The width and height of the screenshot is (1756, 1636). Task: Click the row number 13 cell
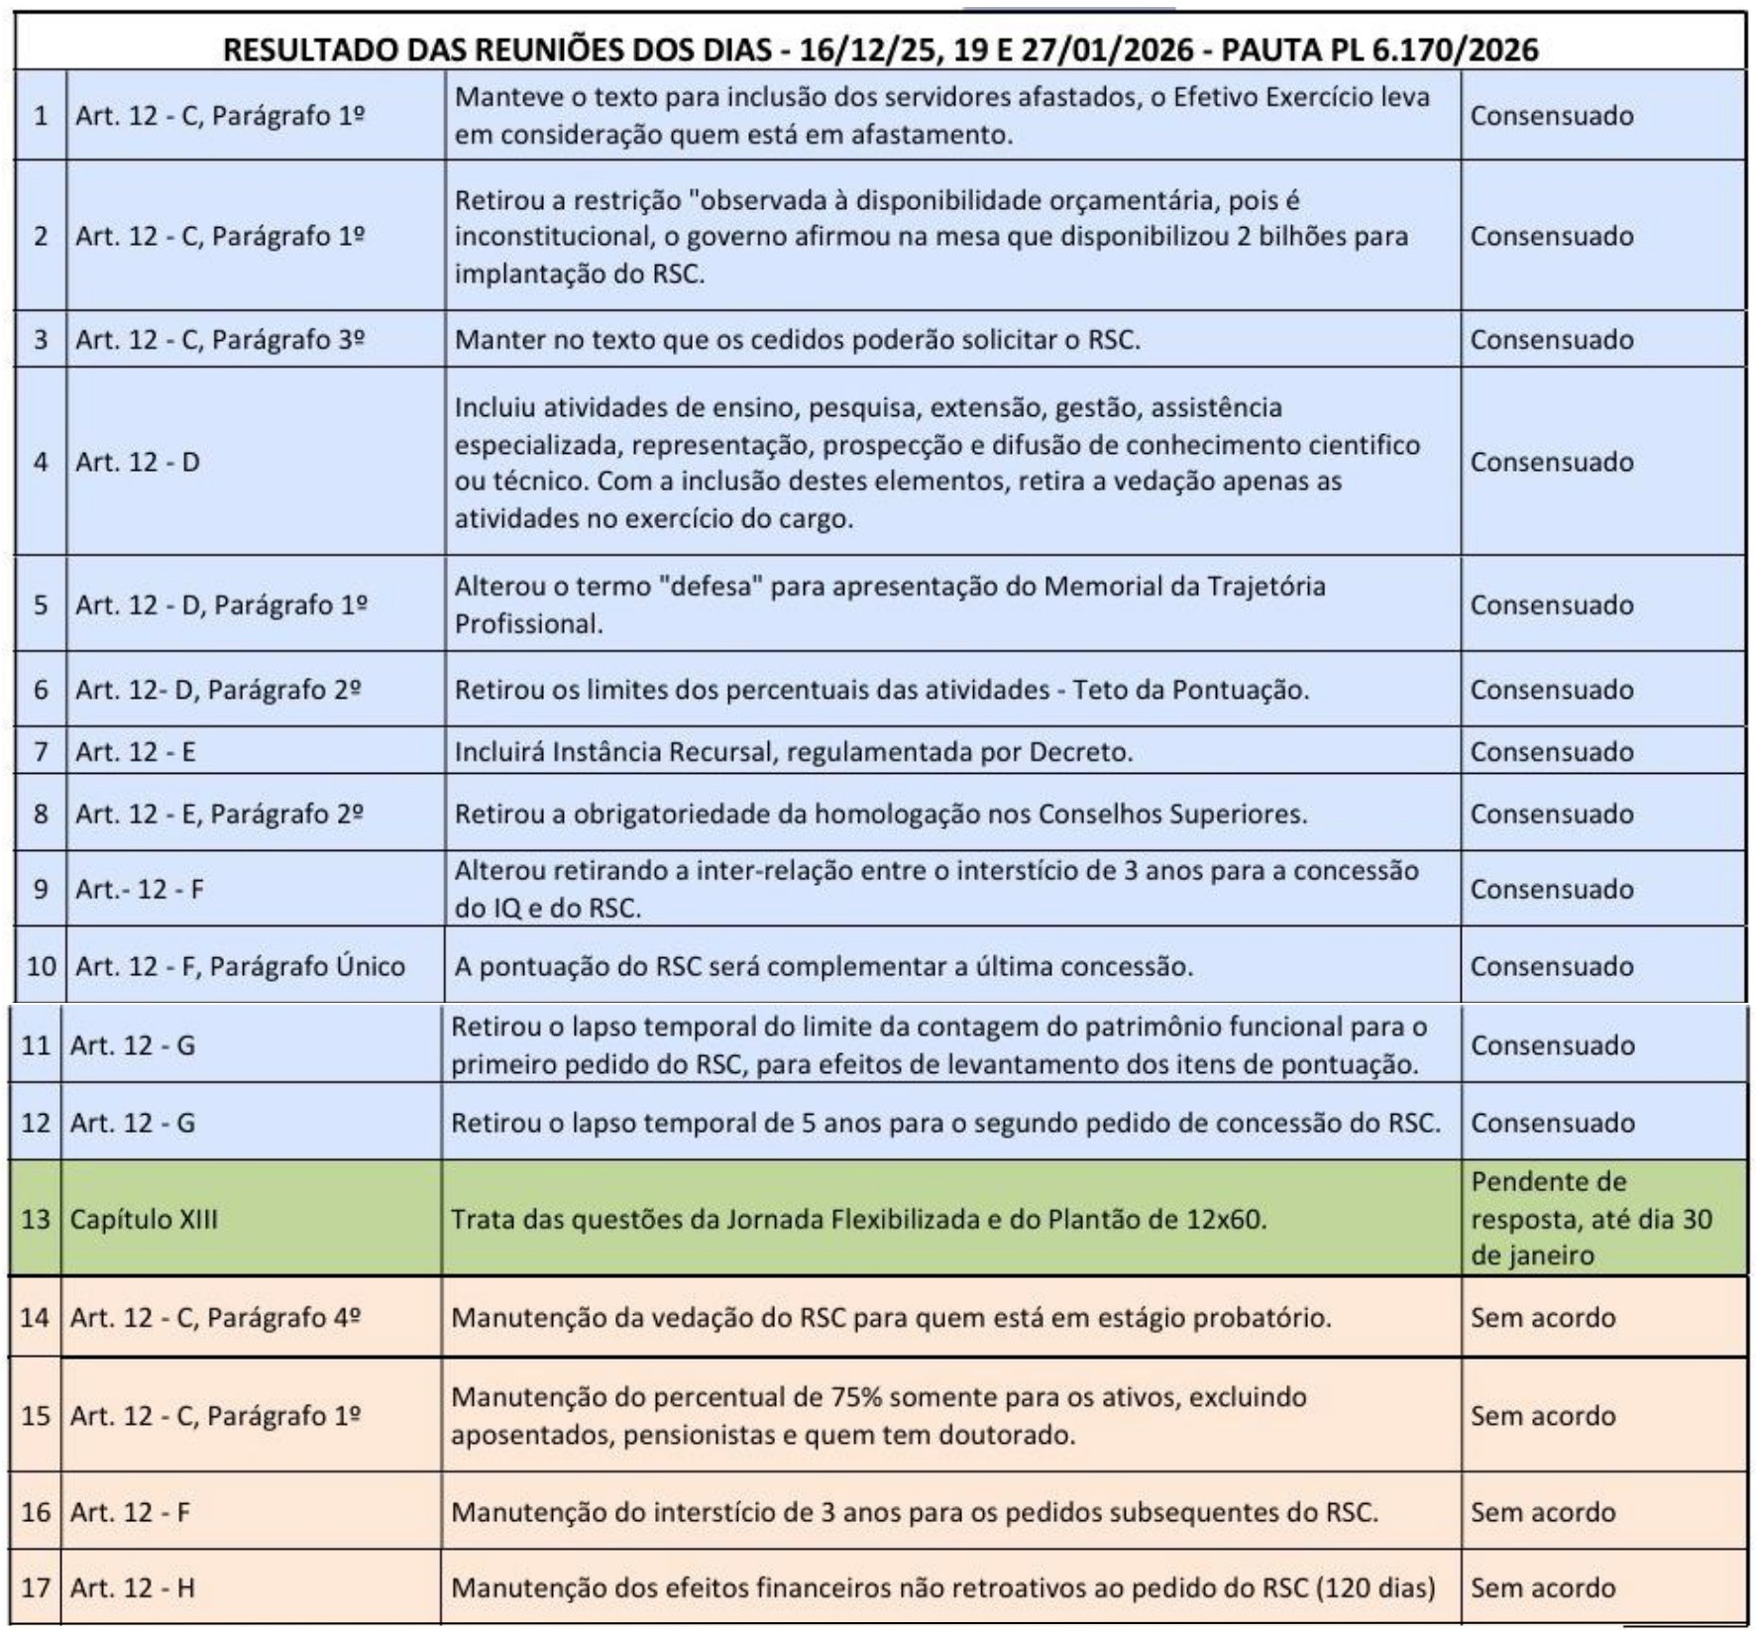[35, 1218]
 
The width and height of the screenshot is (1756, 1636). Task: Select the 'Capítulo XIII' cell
[143, 1218]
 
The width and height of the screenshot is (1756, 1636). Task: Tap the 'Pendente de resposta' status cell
[1591, 1218]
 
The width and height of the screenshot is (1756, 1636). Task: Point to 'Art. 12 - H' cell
[132, 1587]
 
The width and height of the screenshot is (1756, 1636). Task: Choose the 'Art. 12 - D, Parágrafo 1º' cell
[221, 604]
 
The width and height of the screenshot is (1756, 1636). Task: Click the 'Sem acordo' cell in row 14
[1542, 1317]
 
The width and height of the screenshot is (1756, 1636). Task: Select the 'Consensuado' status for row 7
[1551, 752]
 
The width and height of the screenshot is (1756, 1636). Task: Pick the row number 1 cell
[41, 116]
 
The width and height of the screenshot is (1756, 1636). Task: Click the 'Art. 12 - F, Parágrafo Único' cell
[240, 966]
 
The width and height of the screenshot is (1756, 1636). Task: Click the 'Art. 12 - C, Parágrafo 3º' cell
[220, 340]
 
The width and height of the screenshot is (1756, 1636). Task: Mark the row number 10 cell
[41, 966]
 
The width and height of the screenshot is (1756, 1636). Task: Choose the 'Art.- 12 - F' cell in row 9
[140, 889]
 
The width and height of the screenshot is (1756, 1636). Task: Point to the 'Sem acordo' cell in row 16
[1542, 1512]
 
